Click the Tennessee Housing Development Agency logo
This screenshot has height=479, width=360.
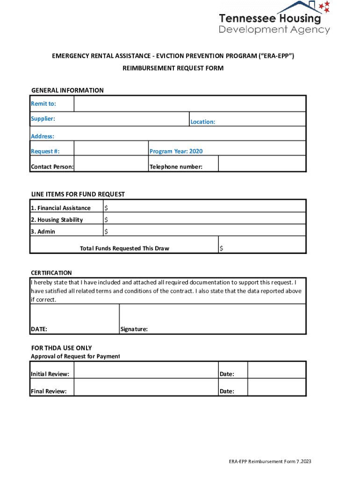pos(274,18)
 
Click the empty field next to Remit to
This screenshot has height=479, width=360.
pos(190,103)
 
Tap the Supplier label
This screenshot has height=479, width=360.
pos(43,119)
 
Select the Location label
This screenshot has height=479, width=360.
pos(202,122)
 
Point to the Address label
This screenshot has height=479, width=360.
pos(43,137)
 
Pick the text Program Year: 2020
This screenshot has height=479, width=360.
pos(176,152)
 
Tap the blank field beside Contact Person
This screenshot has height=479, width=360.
pos(111,164)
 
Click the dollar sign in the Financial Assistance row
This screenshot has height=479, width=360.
pos(106,208)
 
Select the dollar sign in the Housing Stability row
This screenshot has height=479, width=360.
pos(106,220)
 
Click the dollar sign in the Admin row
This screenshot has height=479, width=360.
pos(106,232)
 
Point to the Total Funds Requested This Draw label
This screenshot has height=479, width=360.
pos(124,248)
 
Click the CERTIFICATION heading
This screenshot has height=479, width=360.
pos(51,273)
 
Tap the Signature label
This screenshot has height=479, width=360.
pos(134,329)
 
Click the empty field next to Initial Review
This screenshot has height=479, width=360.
pos(146,370)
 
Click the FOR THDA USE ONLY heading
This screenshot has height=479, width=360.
pos(61,348)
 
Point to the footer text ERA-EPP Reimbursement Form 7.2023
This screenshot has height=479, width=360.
pos(270,462)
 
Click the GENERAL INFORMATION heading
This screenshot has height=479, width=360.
pos(67,90)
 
